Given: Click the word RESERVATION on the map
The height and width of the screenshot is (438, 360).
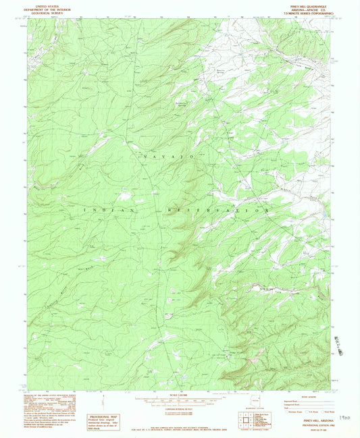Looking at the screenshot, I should pyautogui.click(x=217, y=211).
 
